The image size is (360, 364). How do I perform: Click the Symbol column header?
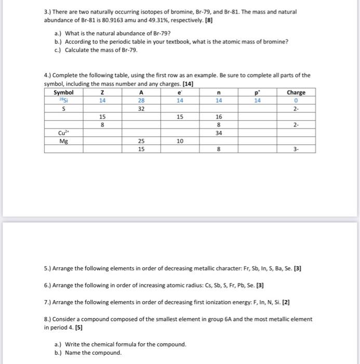63,93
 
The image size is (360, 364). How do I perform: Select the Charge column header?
296,93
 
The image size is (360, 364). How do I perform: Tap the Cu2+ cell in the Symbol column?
63,133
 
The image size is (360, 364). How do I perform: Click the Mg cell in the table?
63,140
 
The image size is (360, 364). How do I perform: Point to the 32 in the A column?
141,109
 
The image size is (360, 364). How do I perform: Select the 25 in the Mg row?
141,140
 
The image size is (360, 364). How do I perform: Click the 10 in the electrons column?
179,140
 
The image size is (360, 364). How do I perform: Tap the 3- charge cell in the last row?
296,149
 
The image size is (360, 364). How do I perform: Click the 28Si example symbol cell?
63,101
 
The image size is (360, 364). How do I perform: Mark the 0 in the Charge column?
296,101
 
